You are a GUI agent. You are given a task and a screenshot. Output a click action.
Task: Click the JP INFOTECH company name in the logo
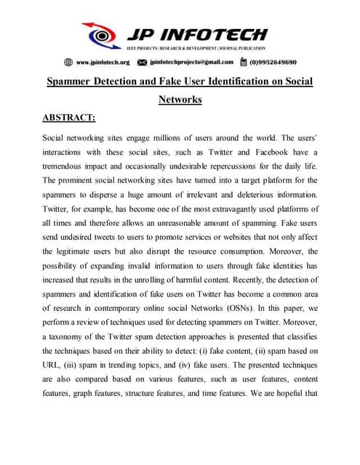coord(196,34)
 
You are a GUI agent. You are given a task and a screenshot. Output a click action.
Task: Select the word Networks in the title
coord(180,100)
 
